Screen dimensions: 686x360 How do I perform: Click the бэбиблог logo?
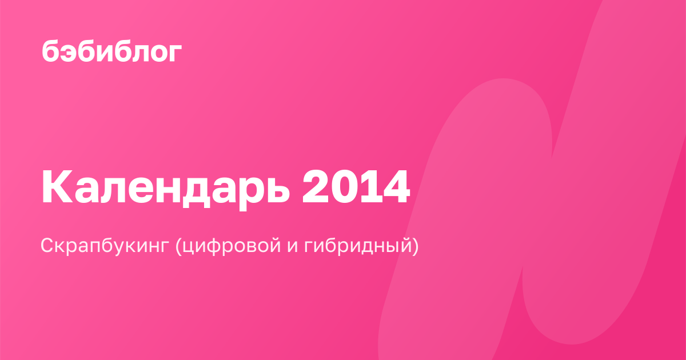coord(112,51)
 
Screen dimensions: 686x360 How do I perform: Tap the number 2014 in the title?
coord(356,187)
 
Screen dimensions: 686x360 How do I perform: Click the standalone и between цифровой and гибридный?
coord(293,247)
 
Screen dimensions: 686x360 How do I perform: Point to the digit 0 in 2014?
coord(342,187)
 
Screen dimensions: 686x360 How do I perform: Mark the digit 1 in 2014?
coord(368,187)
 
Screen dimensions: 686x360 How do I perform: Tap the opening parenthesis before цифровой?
coord(178,246)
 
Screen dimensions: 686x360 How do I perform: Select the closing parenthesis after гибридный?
coord(415,246)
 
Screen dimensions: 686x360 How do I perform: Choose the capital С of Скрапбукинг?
coord(49,245)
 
